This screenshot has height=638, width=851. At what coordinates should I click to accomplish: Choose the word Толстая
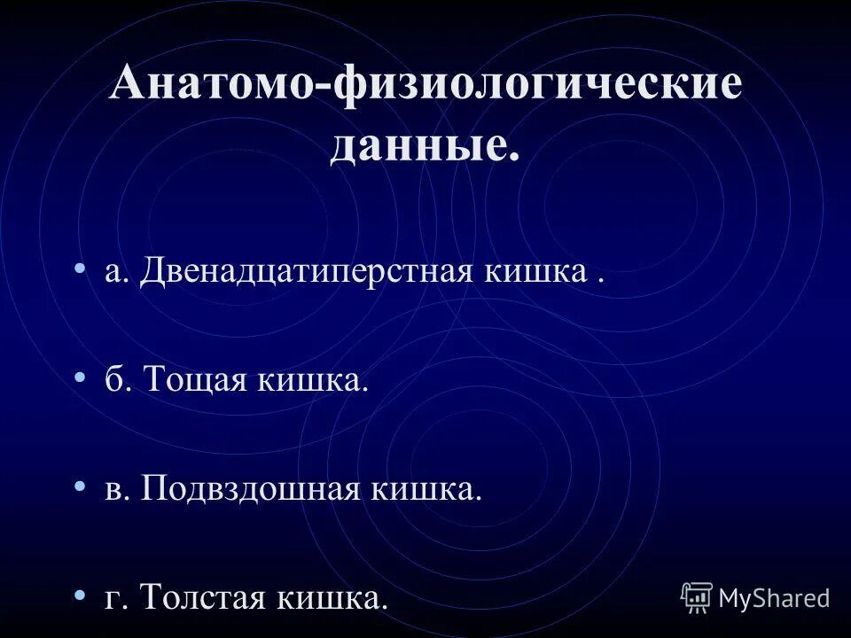[202, 597]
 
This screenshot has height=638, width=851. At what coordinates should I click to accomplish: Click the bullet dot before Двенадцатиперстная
[82, 269]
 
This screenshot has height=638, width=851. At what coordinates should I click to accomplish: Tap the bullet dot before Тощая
[82, 378]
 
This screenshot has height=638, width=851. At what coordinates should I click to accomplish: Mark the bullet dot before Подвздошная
[82, 486]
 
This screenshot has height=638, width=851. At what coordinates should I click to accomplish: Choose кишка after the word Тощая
[311, 382]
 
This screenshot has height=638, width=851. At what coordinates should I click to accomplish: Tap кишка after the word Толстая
[332, 597]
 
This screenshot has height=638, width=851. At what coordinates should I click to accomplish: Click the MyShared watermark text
[774, 598]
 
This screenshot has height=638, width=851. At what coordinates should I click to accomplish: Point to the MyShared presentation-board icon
[697, 598]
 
